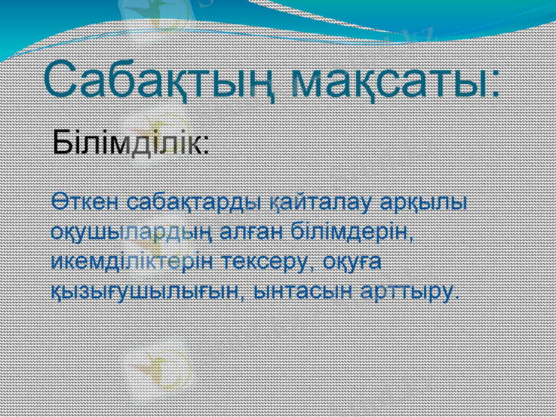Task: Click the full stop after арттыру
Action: (x=456, y=294)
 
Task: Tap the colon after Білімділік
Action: (x=207, y=147)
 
